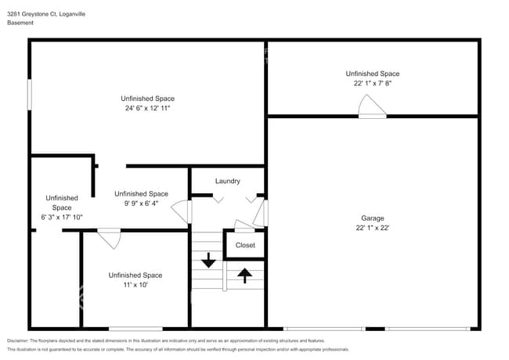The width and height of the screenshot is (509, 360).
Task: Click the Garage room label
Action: coord(372,218)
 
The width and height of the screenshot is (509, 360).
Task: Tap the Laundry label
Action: coord(228,181)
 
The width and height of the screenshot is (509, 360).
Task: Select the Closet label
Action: coord(245,245)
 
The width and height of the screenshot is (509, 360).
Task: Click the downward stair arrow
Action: coord(208,260)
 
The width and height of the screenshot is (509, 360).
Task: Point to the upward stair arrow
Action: coord(244,275)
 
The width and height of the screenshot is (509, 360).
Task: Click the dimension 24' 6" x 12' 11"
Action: coord(148,108)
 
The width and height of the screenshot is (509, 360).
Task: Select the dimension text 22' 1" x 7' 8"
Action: coord(372,83)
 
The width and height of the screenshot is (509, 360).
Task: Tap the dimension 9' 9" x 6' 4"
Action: coord(141,203)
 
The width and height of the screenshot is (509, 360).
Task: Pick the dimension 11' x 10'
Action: coord(135,285)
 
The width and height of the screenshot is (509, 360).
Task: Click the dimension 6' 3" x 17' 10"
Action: coord(62,217)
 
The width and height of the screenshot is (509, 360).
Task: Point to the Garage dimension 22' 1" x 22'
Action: coord(372,228)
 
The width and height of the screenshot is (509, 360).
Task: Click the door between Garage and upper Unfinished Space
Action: coord(372,106)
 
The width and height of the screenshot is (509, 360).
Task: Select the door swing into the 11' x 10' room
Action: coord(110,239)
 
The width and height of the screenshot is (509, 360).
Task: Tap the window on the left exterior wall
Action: coord(30,95)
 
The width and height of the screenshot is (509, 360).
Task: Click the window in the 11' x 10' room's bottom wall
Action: coord(135,329)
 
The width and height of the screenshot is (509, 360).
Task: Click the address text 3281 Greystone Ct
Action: coord(31,14)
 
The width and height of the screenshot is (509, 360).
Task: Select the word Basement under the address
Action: coord(20,23)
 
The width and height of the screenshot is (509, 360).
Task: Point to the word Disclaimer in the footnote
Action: coord(17,340)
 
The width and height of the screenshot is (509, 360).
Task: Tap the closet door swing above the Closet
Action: coord(244,226)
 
